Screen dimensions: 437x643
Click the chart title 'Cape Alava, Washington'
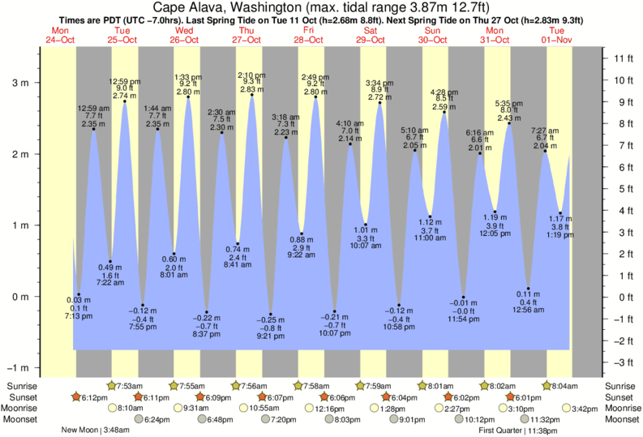point(235,7)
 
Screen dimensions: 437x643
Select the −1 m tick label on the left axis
point(19,367)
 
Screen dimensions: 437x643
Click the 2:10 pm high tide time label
point(251,75)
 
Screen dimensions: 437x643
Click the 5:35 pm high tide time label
point(508,103)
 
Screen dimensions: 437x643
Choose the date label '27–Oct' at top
point(246,40)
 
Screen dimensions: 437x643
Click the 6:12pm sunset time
point(96,397)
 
